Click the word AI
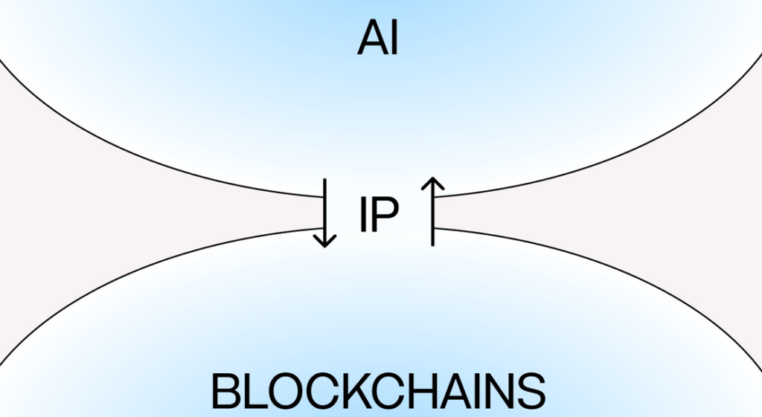click(378, 39)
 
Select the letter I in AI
click(394, 39)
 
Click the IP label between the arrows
click(379, 216)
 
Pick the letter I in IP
click(363, 216)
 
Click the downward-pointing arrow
click(324, 213)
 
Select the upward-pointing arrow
click(432, 211)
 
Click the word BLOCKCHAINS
click(379, 392)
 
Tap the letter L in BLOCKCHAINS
click(254, 392)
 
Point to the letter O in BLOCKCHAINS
click(286, 392)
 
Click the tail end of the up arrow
click(432, 242)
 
